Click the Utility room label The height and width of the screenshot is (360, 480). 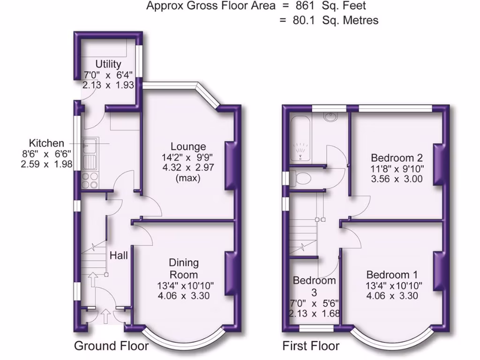point(108,64)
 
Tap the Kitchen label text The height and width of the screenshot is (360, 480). point(46,143)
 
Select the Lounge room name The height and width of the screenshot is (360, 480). point(188,146)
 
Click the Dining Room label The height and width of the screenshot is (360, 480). point(184,269)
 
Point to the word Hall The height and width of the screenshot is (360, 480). point(119,255)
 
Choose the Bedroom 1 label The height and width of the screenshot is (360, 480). point(392,275)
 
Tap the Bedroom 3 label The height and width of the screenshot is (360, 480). point(314,286)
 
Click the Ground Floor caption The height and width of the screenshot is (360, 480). point(111,346)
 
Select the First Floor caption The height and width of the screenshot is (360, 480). point(311,346)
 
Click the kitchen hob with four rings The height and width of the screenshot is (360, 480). point(90,180)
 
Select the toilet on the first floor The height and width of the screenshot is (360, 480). point(301,179)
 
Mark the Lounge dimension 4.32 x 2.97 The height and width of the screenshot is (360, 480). point(188,167)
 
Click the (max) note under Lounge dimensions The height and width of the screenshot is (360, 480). point(188,178)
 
